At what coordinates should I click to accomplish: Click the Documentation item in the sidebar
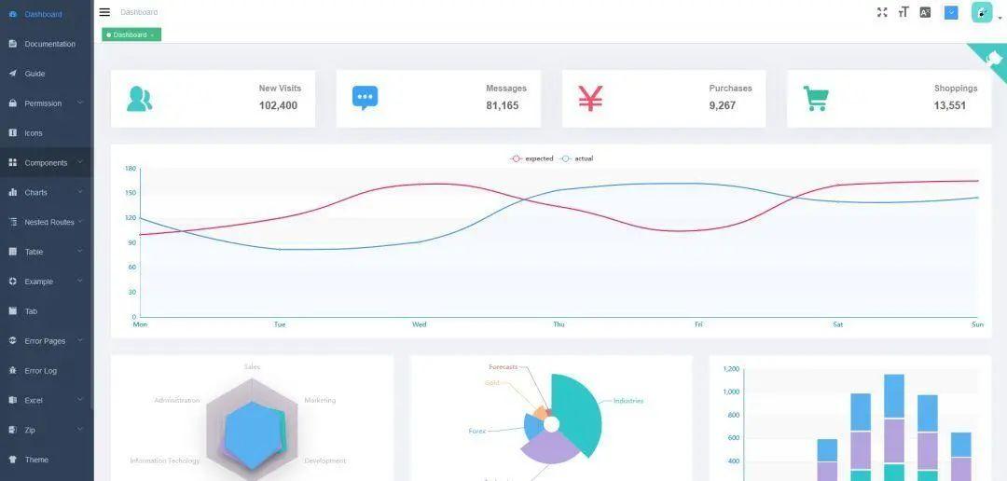(x=49, y=44)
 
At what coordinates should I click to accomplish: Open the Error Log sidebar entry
(x=40, y=371)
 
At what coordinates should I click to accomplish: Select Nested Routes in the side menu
(x=48, y=223)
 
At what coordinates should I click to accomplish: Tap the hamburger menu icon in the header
(x=104, y=12)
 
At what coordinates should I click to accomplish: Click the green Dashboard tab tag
(x=131, y=34)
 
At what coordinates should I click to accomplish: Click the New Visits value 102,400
(x=278, y=106)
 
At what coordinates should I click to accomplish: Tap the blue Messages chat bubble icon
(x=365, y=98)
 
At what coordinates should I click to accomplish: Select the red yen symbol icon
(x=590, y=98)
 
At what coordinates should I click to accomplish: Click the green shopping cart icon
(x=816, y=99)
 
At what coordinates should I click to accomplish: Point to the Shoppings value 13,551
(x=949, y=106)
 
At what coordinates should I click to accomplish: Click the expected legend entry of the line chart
(x=532, y=158)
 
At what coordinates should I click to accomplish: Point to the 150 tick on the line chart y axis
(x=131, y=193)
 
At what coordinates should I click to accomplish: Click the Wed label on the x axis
(x=420, y=324)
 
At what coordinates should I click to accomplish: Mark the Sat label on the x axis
(x=837, y=324)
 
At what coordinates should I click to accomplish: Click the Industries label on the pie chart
(x=628, y=401)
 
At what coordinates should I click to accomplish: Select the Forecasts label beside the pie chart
(x=504, y=367)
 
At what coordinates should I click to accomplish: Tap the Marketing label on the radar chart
(x=320, y=401)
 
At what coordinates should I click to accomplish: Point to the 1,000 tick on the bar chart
(x=731, y=392)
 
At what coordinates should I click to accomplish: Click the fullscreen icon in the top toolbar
(x=882, y=12)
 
